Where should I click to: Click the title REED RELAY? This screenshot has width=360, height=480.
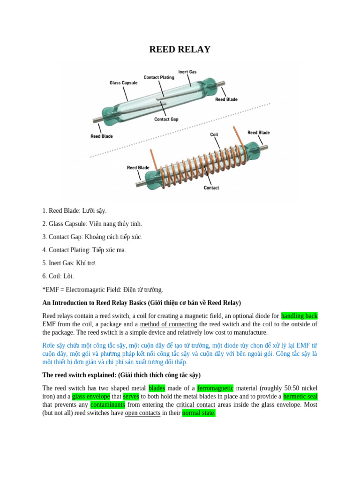coord(180,50)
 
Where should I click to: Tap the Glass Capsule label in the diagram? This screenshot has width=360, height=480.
coord(123,83)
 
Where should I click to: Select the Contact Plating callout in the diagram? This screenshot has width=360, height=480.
coord(159,77)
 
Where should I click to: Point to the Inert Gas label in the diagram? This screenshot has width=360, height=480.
coord(187,72)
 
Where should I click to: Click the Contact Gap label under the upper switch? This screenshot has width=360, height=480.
coord(166,119)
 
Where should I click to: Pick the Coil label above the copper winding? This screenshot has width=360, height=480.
coord(214,135)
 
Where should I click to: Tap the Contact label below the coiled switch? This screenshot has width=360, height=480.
coord(211,188)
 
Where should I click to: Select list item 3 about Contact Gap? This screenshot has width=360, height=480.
coord(92,237)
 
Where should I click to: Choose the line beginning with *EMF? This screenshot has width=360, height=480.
coord(103,290)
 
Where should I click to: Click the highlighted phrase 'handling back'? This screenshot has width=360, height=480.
coord(299,316)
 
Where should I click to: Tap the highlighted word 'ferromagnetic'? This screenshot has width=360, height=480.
coord(215,388)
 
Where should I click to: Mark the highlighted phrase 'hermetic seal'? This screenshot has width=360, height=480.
coord(300,396)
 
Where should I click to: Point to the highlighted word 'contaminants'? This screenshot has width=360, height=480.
coord(107,405)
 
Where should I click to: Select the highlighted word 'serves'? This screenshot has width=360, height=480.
coord(131,396)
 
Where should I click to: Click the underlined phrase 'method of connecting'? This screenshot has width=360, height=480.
coord(168,324)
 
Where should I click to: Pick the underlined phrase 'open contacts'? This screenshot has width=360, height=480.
coord(142,413)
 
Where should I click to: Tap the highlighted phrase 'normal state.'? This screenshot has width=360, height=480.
coord(199,413)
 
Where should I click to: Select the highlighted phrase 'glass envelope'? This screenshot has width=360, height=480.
coord(91,396)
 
